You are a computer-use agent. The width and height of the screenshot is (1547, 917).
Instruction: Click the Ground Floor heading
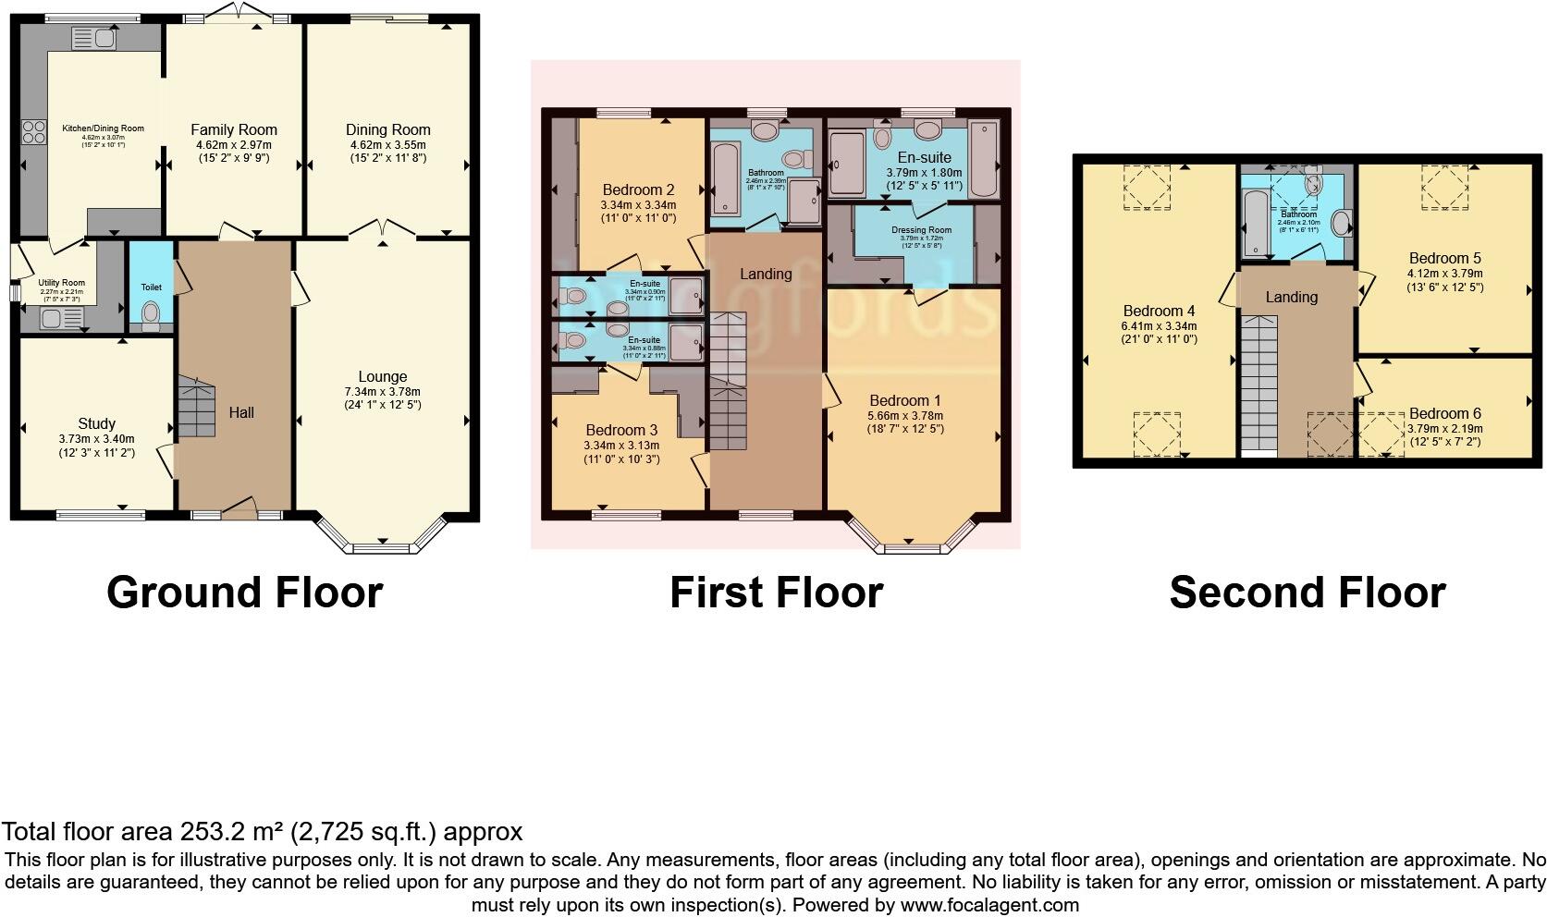(244, 593)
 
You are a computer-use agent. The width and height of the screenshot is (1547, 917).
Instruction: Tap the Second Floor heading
(1307, 593)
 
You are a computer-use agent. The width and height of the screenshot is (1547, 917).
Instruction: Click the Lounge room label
(383, 377)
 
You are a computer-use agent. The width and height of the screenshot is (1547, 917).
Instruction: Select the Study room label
(96, 424)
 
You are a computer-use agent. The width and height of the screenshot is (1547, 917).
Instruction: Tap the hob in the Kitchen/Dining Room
(34, 133)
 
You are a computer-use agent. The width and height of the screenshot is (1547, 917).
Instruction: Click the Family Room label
(234, 130)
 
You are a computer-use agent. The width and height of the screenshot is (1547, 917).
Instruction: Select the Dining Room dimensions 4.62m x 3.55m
(387, 145)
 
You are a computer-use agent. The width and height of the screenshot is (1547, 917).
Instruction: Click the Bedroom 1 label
(905, 400)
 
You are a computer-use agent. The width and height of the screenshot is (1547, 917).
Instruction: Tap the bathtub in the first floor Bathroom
(726, 177)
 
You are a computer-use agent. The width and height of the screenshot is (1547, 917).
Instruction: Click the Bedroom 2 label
(638, 190)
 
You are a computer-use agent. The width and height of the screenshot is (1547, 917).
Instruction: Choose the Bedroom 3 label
(621, 430)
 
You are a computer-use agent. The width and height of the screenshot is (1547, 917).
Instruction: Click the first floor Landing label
(766, 274)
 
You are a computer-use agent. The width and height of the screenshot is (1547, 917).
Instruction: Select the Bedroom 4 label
(1159, 311)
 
